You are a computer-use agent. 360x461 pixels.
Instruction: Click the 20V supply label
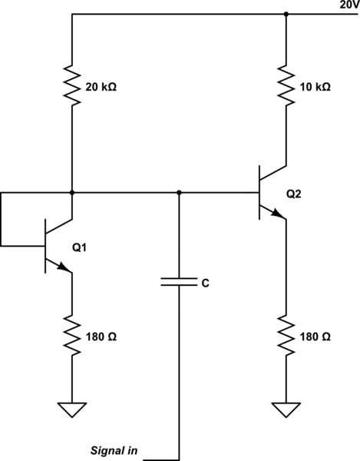coord(348,5)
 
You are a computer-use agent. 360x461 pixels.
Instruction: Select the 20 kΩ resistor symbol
coord(71,87)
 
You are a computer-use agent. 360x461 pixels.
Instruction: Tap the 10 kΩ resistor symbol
coord(286,87)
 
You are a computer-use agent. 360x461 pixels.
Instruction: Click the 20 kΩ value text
coord(102,88)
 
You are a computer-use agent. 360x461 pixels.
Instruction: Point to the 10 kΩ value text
coord(315,88)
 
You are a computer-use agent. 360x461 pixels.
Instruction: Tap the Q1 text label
coord(80,247)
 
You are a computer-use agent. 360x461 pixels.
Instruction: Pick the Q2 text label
coord(294,194)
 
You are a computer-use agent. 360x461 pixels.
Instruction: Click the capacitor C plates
coord(179,282)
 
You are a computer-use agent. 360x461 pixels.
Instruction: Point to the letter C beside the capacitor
coord(205,284)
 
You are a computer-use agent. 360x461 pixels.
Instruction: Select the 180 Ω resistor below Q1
coord(71,337)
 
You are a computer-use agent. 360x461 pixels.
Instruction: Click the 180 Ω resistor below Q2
coord(286,337)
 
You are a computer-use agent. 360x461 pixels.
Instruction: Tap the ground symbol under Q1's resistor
coord(71,410)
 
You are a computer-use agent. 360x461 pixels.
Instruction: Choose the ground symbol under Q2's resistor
coord(286,410)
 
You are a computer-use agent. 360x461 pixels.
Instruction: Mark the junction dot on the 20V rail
coord(286,14)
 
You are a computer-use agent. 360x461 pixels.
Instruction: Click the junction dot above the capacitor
coord(179,192)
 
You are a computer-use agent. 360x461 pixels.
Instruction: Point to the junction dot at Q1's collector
coord(71,192)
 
